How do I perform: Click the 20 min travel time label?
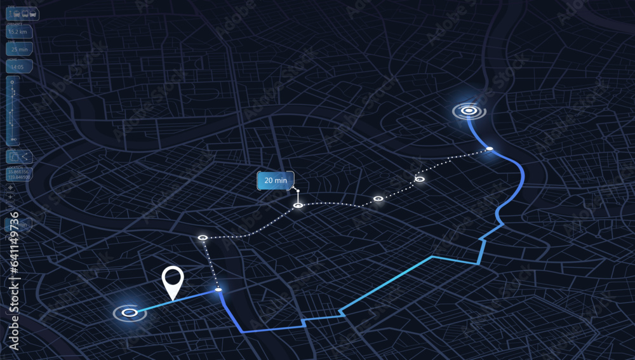(x=276, y=180)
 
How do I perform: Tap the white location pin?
(x=172, y=280)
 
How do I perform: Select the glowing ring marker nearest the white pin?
(x=130, y=312)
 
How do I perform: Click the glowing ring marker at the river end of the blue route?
(x=469, y=111)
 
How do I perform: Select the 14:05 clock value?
(x=17, y=66)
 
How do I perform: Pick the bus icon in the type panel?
(x=17, y=13)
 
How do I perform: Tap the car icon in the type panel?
(x=33, y=13)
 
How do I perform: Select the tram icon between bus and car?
(x=25, y=13)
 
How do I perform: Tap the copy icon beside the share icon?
(x=15, y=156)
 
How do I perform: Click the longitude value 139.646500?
(x=17, y=177)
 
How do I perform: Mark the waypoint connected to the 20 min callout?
(x=298, y=205)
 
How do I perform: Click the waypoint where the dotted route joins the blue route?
(x=490, y=149)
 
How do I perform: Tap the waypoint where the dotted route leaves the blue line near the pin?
(x=218, y=290)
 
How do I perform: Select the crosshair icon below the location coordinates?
(x=10, y=187)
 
